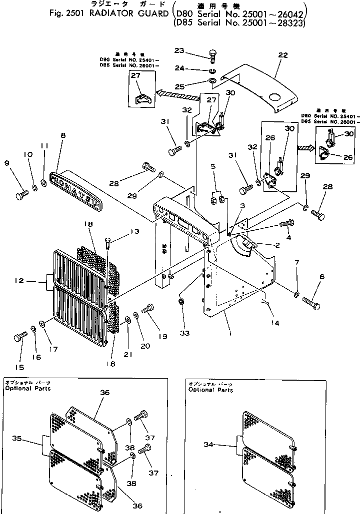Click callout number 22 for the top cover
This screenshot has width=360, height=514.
click(x=283, y=55)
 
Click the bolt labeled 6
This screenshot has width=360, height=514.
click(x=311, y=302)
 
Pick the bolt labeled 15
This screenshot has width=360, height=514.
click(x=19, y=338)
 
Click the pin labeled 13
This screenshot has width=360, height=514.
click(x=108, y=247)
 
